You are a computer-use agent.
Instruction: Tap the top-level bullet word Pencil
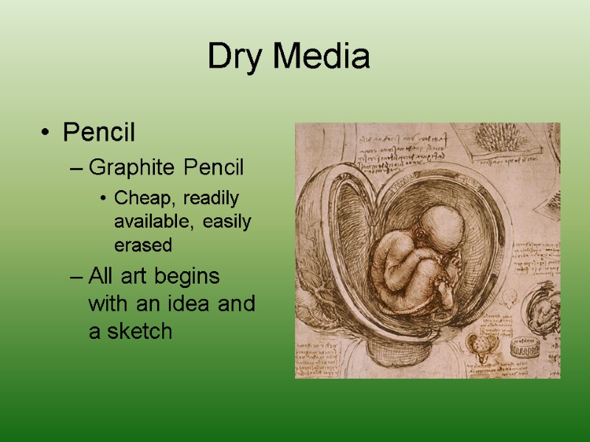[99, 133]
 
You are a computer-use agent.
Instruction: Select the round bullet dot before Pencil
[46, 134]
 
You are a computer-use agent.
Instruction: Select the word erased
[142, 244]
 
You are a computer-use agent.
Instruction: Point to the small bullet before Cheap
[108, 199]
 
